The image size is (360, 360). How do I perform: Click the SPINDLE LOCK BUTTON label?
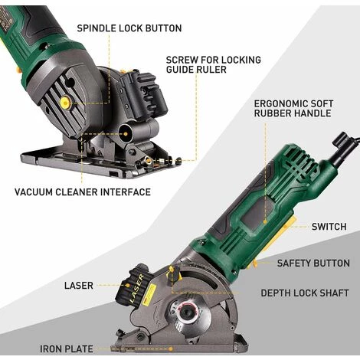129,28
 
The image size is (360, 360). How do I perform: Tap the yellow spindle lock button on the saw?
65,103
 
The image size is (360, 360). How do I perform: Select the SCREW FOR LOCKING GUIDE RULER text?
214,64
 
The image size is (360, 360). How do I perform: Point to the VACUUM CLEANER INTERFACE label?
83,192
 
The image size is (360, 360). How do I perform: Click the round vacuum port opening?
125,133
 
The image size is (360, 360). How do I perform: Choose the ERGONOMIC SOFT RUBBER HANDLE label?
293,108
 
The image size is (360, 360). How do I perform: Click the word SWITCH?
329,227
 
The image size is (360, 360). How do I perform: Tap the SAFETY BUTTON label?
313,263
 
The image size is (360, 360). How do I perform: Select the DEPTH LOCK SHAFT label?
305,293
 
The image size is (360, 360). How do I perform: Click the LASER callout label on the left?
79,286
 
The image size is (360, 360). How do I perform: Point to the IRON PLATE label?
67,349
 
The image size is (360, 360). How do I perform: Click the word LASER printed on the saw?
138,288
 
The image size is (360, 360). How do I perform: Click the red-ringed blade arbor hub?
187,313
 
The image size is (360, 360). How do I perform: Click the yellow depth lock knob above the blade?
172,270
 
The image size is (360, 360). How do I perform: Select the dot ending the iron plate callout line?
171,349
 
